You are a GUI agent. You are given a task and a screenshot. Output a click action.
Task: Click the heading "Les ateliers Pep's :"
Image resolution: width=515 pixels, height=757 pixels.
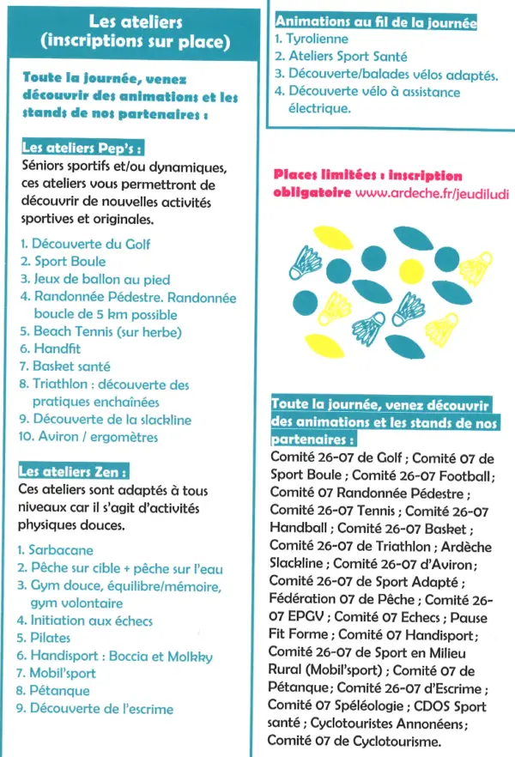click(x=80, y=147)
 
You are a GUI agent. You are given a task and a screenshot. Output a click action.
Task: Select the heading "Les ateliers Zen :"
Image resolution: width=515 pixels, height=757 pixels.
click(x=74, y=471)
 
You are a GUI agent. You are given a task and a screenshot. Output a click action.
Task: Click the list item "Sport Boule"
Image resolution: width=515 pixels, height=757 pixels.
click(x=70, y=261)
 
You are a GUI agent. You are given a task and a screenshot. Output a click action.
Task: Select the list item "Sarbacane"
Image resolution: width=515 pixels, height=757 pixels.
click(x=61, y=549)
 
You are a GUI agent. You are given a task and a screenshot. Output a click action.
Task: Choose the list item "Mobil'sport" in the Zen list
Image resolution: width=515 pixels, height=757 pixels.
click(x=63, y=674)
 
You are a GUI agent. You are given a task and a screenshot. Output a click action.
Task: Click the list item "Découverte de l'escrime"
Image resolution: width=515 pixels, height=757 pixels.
click(x=101, y=709)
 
